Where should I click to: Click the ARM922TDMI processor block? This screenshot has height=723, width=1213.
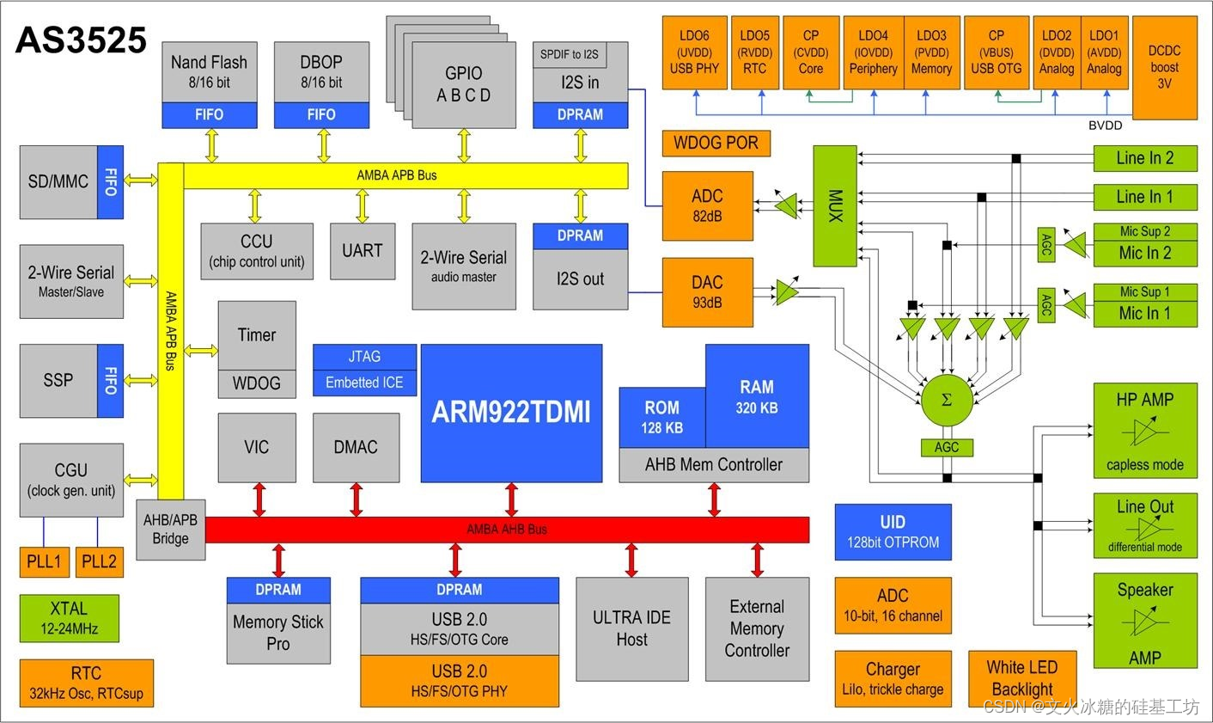coord(511,413)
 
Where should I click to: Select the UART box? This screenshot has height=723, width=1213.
coord(362,251)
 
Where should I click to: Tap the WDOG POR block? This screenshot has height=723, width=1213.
coord(716,143)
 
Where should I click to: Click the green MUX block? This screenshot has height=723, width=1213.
coord(835,205)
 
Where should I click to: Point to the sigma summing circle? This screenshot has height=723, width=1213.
coord(947,401)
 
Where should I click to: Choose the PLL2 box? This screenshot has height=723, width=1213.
coord(99,561)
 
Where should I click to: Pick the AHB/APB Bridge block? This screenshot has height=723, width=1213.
coord(170,530)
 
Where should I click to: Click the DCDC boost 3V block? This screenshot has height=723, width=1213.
coord(1164,67)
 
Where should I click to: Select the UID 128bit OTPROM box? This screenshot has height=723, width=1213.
coord(893,531)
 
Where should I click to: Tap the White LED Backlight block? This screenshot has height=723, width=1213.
coord(1021,677)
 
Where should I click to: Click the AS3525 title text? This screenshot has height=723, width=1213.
coord(81,40)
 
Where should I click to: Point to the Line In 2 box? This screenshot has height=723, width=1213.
coord(1144,158)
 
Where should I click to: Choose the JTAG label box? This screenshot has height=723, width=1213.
coord(364,357)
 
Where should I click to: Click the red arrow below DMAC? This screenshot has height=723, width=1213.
coord(357,499)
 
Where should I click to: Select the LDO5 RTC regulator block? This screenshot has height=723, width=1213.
coord(754,52)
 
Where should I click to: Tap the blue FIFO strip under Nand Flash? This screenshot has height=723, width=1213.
coord(209,114)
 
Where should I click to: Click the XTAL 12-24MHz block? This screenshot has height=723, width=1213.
coord(69,618)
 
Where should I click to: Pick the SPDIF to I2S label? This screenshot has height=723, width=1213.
coord(569,55)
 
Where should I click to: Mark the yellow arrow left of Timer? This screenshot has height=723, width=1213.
coord(201,350)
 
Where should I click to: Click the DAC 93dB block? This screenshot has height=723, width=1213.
coord(707,291)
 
